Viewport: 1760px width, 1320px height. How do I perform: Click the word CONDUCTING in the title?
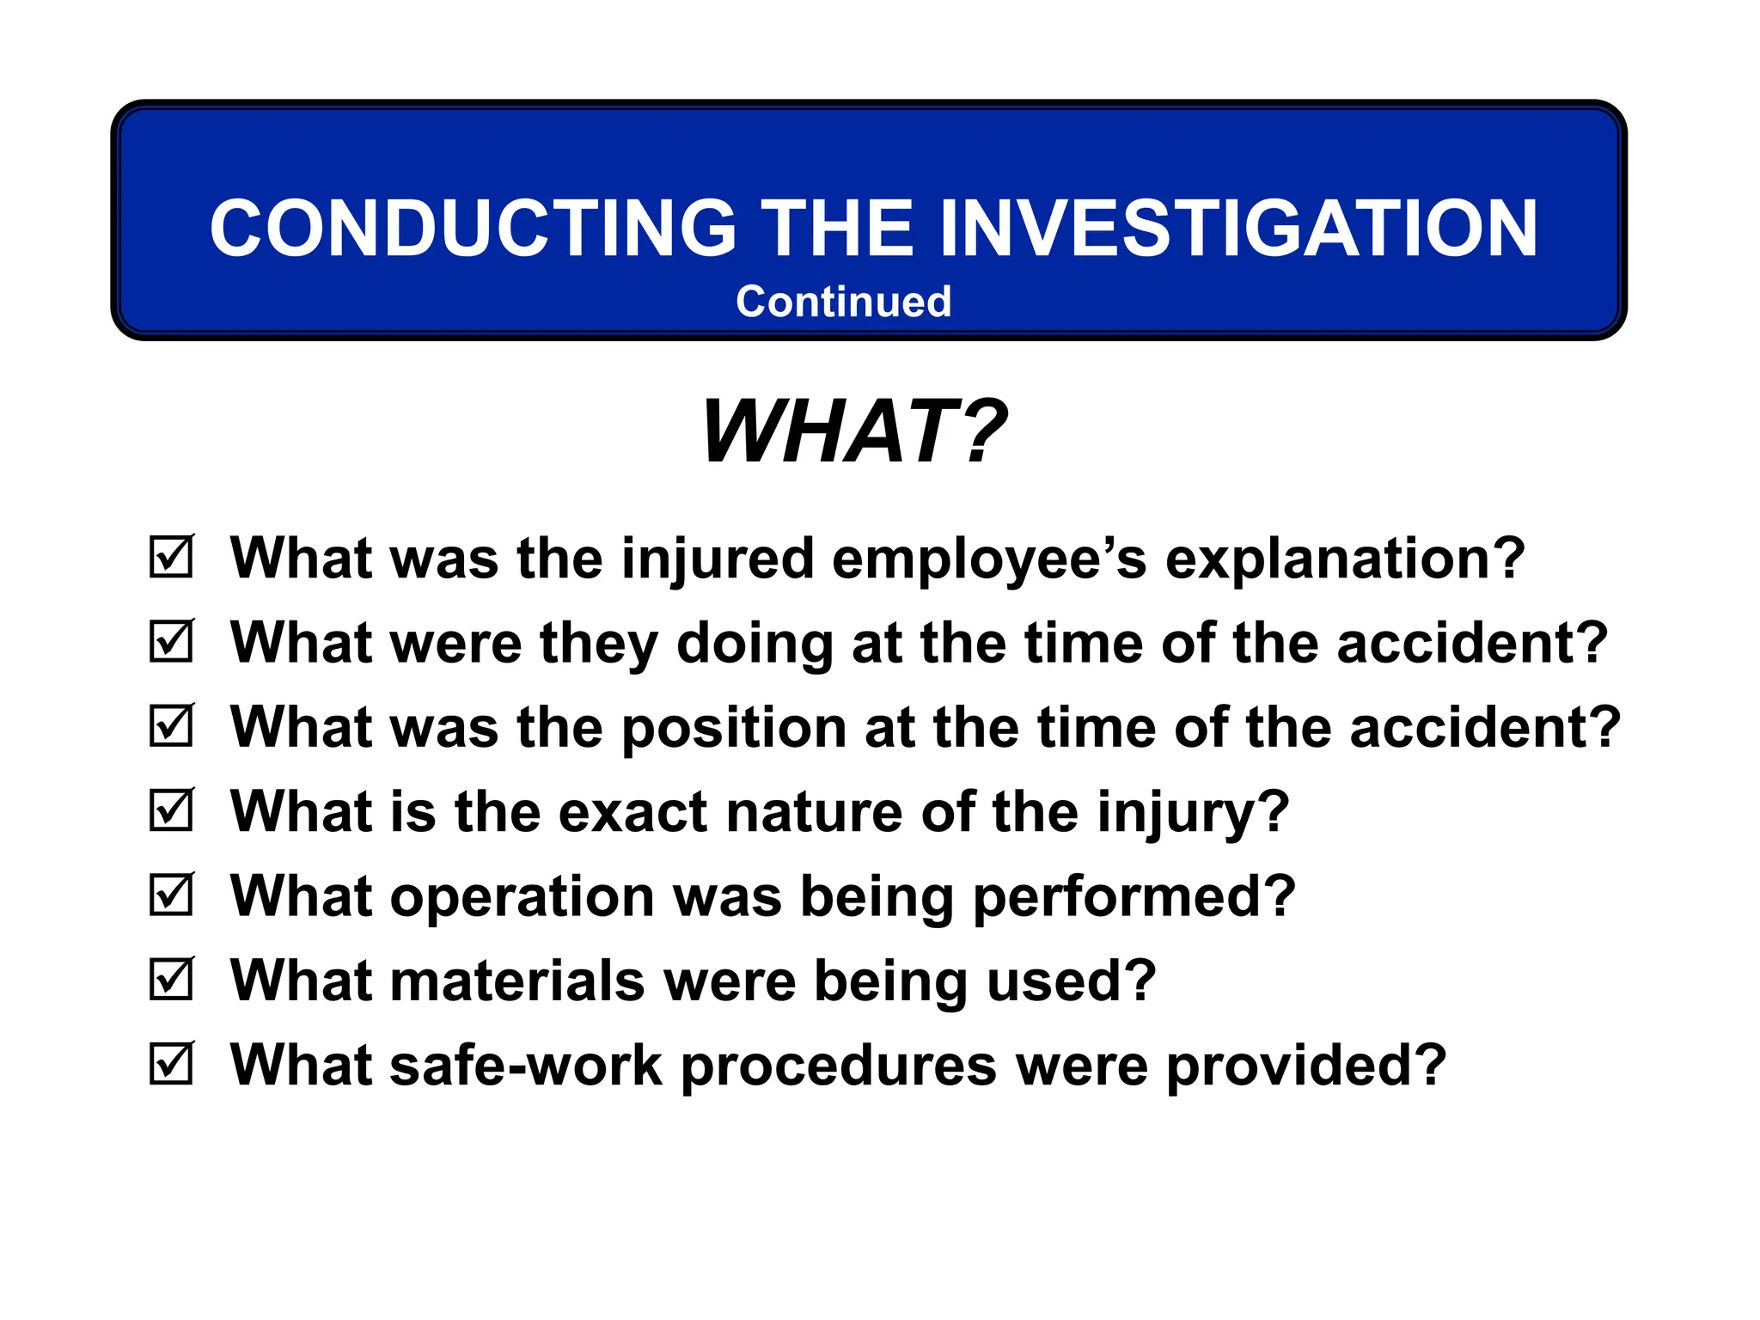click(x=473, y=229)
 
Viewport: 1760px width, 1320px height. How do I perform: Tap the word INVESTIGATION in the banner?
click(x=1237, y=229)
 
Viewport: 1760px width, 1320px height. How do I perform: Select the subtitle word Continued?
click(x=843, y=302)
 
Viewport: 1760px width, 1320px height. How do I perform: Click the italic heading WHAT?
click(x=853, y=432)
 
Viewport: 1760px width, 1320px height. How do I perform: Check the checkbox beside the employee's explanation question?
click(x=171, y=558)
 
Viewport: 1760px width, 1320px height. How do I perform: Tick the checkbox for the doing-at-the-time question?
click(x=171, y=642)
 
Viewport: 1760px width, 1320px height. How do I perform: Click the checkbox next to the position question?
click(x=171, y=726)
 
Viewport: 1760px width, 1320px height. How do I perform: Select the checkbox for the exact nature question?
click(x=171, y=810)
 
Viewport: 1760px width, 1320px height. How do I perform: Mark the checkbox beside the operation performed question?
click(x=171, y=895)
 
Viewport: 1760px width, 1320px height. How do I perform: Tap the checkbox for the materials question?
click(x=171, y=980)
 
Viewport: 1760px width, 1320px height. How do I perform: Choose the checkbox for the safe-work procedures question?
click(x=171, y=1064)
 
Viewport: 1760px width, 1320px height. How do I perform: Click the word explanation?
click(x=1345, y=559)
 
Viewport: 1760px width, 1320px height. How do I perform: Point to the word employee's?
click(x=989, y=559)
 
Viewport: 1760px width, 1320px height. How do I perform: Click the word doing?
click(x=755, y=644)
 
